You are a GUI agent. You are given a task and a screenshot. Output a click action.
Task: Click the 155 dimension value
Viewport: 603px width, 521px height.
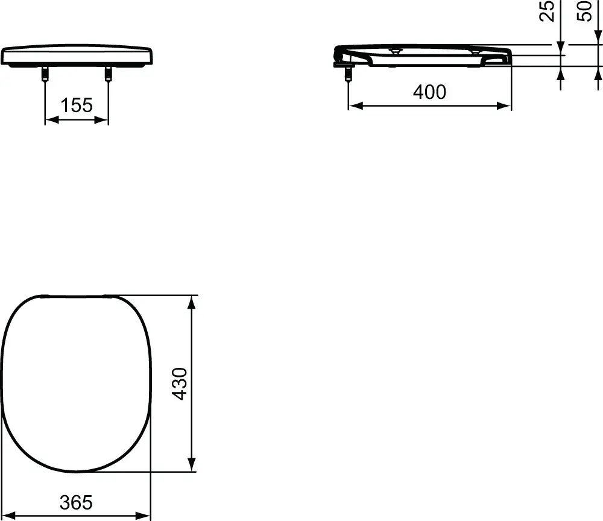(77, 106)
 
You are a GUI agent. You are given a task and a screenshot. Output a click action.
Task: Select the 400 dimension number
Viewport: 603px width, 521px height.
(429, 92)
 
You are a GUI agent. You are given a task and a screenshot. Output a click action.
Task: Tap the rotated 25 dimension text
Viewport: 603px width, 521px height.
(548, 11)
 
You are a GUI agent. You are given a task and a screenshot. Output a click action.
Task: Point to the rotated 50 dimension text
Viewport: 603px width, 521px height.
(586, 11)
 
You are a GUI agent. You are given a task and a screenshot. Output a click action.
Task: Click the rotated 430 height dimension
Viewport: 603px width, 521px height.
(180, 384)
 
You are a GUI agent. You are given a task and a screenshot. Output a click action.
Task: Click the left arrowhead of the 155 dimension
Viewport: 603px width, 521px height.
(51, 120)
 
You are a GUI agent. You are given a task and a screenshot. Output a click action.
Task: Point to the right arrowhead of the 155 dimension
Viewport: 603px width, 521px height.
(103, 120)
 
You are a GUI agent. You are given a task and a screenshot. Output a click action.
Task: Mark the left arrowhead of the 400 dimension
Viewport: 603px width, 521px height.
(354, 106)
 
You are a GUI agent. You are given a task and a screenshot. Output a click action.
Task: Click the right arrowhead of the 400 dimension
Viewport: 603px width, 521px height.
(506, 106)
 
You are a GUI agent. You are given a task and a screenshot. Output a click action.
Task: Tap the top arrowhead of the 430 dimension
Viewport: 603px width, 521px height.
(192, 301)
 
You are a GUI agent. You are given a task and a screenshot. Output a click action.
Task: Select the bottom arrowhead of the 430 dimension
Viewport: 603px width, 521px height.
(192, 466)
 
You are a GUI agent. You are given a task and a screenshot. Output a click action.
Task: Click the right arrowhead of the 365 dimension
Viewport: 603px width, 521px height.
(145, 515)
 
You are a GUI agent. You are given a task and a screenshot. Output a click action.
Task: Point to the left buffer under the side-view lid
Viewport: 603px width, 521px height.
(394, 52)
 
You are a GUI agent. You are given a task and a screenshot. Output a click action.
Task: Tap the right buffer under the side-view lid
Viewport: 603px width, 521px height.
(475, 52)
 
